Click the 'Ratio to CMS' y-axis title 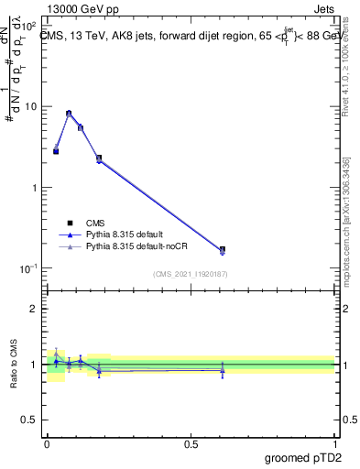(15, 365)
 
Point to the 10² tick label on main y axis (28, 26)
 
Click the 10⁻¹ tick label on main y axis (28, 268)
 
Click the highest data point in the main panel (69, 114)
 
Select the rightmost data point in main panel (222, 249)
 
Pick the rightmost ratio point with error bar (222, 369)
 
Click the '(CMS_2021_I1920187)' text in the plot (191, 274)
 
